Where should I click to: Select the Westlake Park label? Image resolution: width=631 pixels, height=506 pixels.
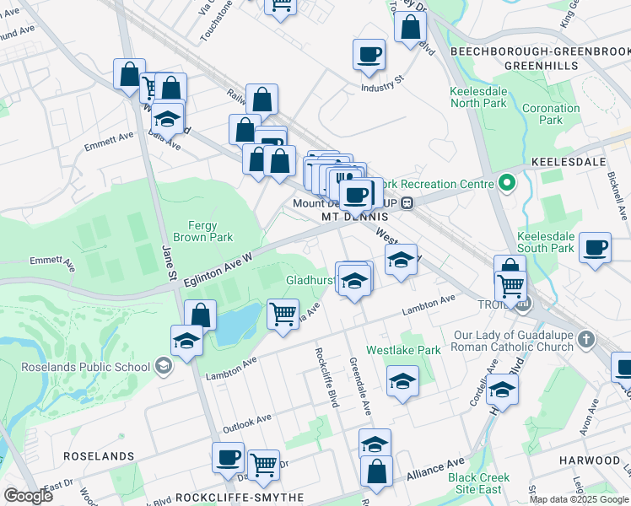point(403,350)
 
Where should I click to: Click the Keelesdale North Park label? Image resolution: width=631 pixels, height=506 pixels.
point(478,97)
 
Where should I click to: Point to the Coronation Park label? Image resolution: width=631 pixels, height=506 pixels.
point(551,114)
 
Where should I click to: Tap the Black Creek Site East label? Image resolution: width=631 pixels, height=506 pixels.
point(478,483)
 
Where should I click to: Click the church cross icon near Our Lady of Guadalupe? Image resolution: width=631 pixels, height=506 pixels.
point(585,339)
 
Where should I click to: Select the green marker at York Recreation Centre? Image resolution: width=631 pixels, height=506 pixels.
point(506,182)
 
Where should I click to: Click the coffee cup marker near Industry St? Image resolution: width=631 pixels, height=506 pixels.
point(369,55)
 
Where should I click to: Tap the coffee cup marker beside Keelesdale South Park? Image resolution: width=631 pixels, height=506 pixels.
point(596,247)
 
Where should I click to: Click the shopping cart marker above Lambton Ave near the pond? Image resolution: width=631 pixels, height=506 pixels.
point(283,314)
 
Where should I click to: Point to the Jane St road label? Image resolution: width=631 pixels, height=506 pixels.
point(169,264)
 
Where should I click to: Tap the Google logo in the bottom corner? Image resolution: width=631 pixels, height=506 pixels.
point(28,496)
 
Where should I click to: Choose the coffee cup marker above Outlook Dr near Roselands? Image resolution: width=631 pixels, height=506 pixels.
point(228,457)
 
